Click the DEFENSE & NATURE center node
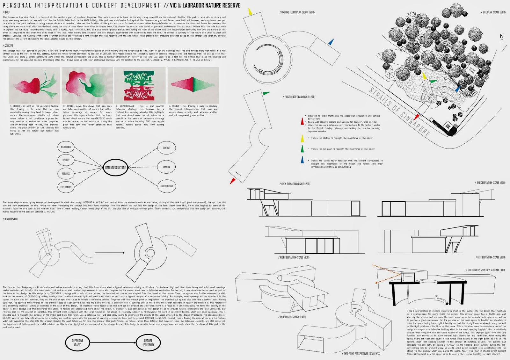click(116, 167)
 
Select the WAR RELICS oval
click(66, 147)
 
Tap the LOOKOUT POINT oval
click(167, 186)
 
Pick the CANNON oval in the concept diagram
click(166, 167)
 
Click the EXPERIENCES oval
click(66, 187)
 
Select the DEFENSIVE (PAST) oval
click(77, 342)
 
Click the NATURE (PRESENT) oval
click(148, 342)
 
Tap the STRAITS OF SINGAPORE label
click(399, 111)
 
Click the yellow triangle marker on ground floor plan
click(250, 12)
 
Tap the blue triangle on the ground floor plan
click(331, 42)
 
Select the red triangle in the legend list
click(302, 121)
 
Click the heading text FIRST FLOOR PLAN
click(299, 97)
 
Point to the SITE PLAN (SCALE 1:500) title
click(493, 12)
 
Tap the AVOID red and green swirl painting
click(87, 85)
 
